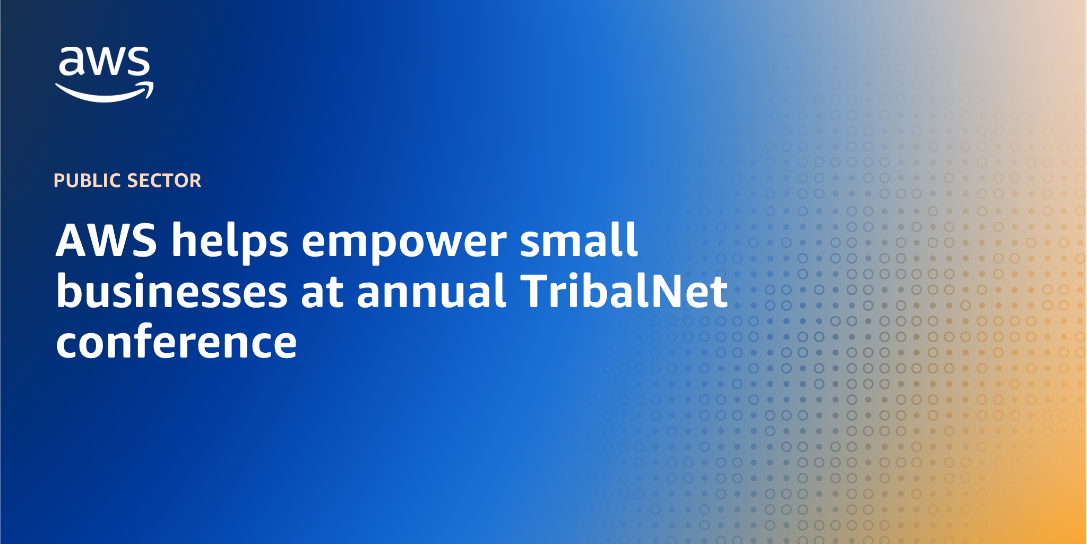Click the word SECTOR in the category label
(165, 181)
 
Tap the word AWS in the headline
(107, 240)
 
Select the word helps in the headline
(230, 242)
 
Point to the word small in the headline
(579, 239)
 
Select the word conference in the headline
(176, 341)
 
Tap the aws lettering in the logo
(105, 60)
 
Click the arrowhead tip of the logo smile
(153, 83)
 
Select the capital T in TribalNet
(535, 291)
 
